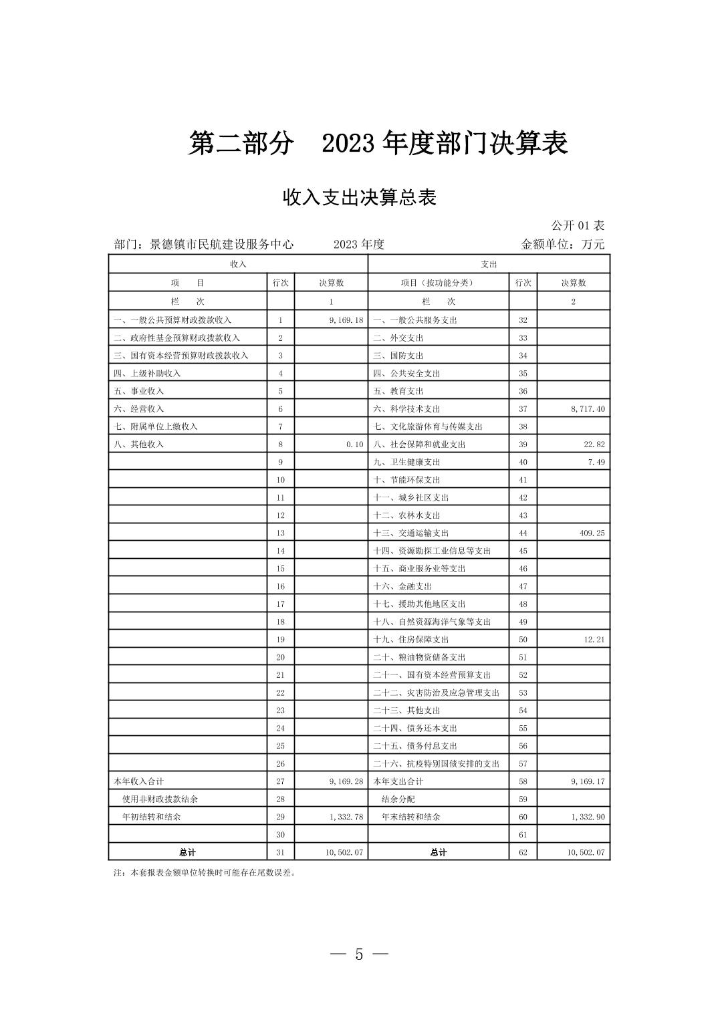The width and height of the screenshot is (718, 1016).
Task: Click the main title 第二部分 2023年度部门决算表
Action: (x=378, y=144)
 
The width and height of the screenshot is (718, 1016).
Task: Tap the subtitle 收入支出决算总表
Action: (x=360, y=198)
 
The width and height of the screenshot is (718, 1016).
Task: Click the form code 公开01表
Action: (x=578, y=226)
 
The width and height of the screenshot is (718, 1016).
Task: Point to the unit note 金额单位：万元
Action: (x=562, y=245)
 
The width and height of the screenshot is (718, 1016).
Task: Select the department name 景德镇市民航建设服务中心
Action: (x=221, y=245)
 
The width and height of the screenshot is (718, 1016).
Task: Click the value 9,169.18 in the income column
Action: (x=346, y=320)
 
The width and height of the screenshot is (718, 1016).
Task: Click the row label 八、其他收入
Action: (x=138, y=444)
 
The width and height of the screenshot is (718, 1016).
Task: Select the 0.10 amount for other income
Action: (x=354, y=444)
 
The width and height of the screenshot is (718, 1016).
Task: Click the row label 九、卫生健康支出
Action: (x=406, y=462)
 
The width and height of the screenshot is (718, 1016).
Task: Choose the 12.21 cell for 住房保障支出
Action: (x=594, y=640)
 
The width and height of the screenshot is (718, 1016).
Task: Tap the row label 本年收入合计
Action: (x=138, y=781)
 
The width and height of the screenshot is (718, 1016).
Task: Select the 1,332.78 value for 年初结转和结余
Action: (x=346, y=817)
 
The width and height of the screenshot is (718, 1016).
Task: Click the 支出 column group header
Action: (x=489, y=265)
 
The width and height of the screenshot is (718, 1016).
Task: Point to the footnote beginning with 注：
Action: (x=205, y=873)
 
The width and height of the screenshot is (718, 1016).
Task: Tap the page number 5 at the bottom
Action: (x=359, y=955)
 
